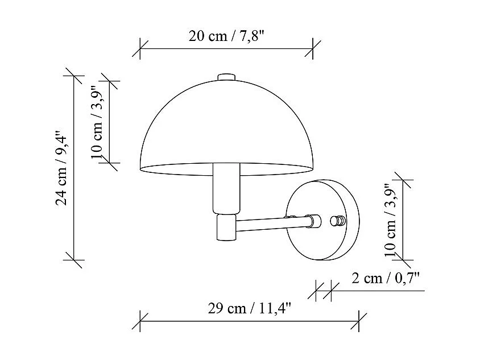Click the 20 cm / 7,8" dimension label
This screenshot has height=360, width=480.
click(x=227, y=36)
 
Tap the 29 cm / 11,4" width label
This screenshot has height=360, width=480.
click(x=250, y=309)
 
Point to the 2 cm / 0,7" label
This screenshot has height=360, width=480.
click(x=385, y=278)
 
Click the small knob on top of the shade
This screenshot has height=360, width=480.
click(x=226, y=77)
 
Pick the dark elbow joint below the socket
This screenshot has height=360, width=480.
click(x=226, y=227)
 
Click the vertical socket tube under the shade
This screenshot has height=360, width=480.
click(x=226, y=188)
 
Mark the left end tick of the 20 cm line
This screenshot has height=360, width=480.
click(x=140, y=49)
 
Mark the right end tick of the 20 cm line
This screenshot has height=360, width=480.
click(x=313, y=49)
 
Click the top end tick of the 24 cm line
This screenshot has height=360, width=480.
click(x=75, y=76)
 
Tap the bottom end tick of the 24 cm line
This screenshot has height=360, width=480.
click(x=75, y=260)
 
